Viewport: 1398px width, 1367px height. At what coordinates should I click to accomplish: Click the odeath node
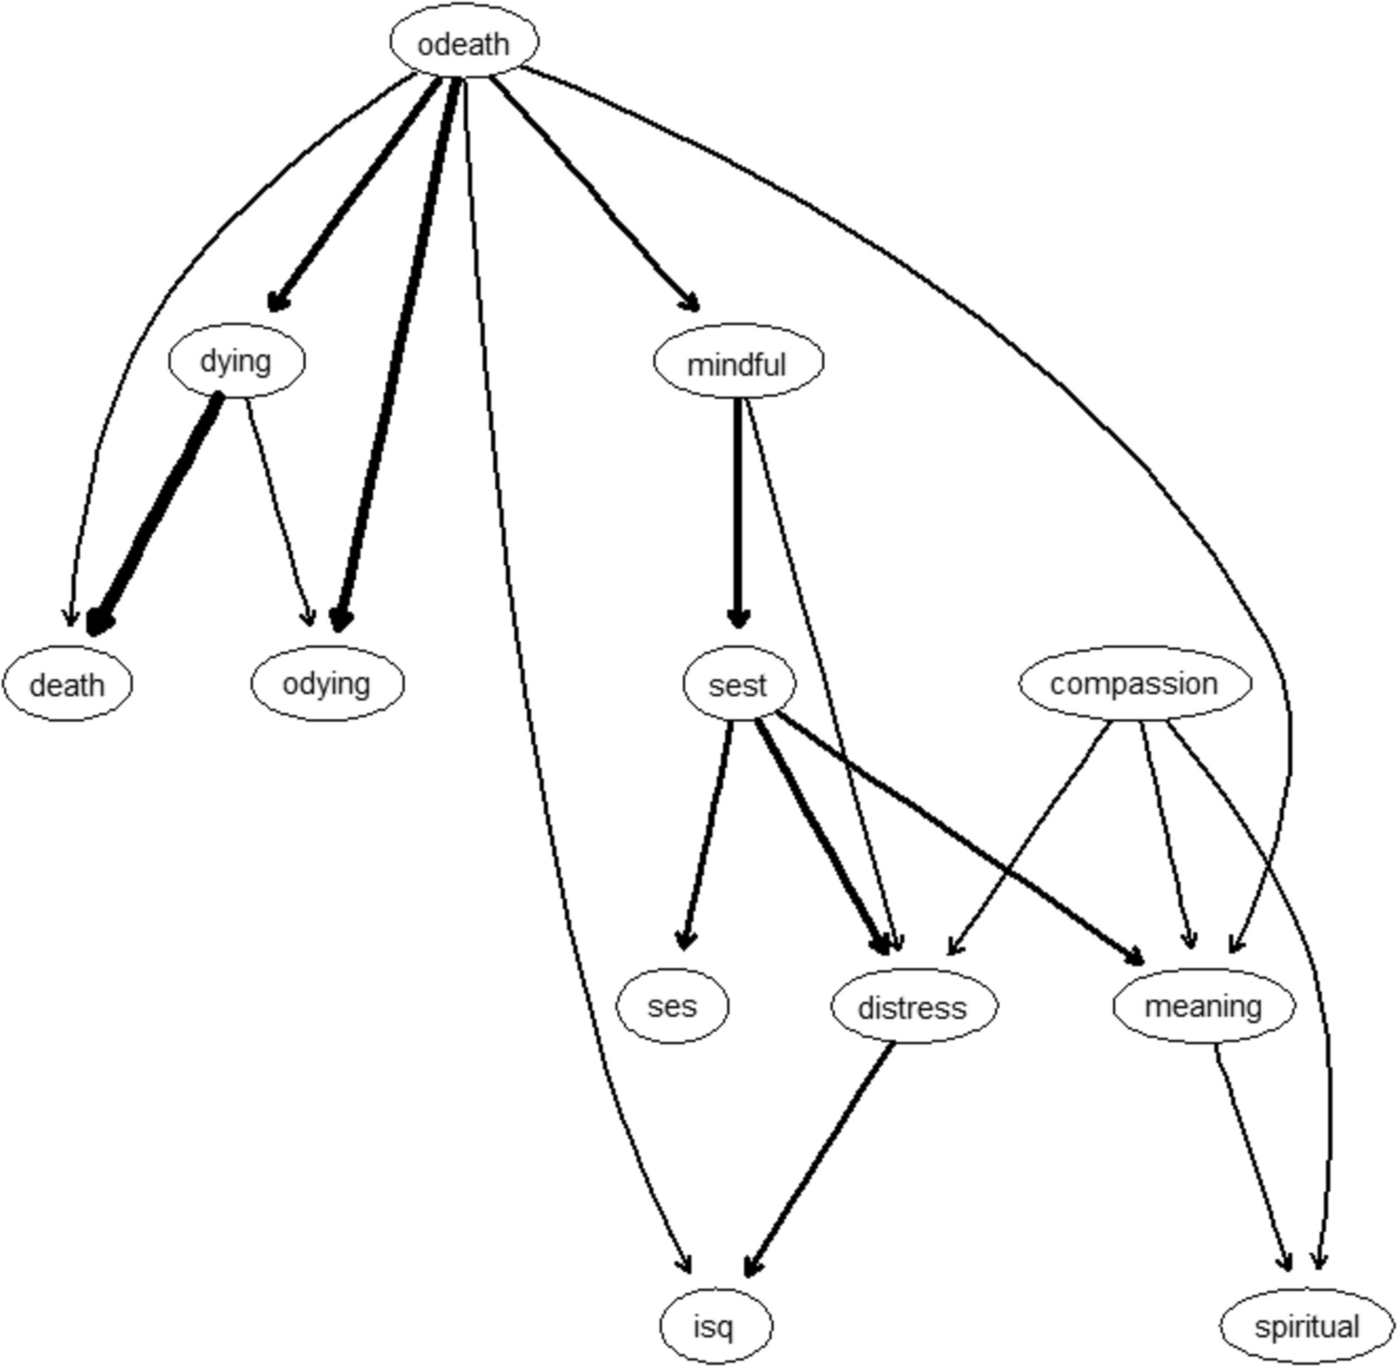(464, 44)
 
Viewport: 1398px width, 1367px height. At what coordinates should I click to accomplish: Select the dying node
(236, 361)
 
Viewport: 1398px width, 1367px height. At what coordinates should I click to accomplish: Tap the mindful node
(738, 364)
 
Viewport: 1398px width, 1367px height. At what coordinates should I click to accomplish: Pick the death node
(67, 684)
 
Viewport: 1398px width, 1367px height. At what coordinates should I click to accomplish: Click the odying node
(326, 683)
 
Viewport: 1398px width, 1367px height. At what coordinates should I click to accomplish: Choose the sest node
(739, 684)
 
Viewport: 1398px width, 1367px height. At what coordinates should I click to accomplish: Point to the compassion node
(1134, 683)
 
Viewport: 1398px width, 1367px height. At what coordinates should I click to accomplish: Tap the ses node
(671, 1006)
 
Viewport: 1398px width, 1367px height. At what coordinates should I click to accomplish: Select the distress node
(913, 1007)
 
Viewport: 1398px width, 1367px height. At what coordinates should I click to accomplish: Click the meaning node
(1203, 1006)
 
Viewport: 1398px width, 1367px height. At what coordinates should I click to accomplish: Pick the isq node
(715, 1326)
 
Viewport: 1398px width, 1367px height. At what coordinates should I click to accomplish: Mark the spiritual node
(1307, 1326)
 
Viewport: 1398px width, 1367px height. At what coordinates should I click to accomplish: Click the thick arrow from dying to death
(154, 515)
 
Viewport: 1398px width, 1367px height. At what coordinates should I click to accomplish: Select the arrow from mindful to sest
(738, 514)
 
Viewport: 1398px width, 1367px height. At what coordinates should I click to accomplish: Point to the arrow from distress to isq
(819, 1159)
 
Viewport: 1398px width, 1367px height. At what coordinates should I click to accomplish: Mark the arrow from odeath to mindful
(595, 194)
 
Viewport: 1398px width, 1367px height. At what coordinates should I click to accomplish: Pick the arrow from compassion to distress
(1029, 838)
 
